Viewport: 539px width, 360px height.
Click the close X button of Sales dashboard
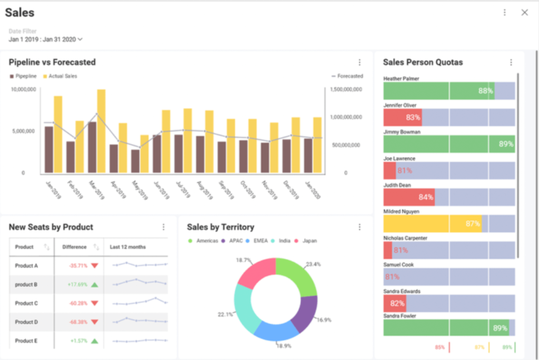(524, 13)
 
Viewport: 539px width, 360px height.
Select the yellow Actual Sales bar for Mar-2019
(101, 131)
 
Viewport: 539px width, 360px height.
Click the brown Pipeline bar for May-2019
(135, 161)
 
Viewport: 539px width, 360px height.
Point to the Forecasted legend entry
(347, 76)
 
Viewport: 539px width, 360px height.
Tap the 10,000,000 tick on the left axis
(23, 89)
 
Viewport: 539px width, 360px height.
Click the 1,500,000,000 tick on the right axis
(345, 89)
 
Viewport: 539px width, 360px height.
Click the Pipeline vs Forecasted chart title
(52, 62)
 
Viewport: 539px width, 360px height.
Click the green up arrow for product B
(94, 285)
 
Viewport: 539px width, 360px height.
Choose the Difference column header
(74, 247)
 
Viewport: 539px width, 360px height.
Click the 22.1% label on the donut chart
(225, 315)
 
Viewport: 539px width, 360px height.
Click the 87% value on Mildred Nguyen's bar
(473, 224)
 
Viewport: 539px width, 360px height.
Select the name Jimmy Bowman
(402, 132)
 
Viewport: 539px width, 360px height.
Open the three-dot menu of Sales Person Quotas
(511, 63)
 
